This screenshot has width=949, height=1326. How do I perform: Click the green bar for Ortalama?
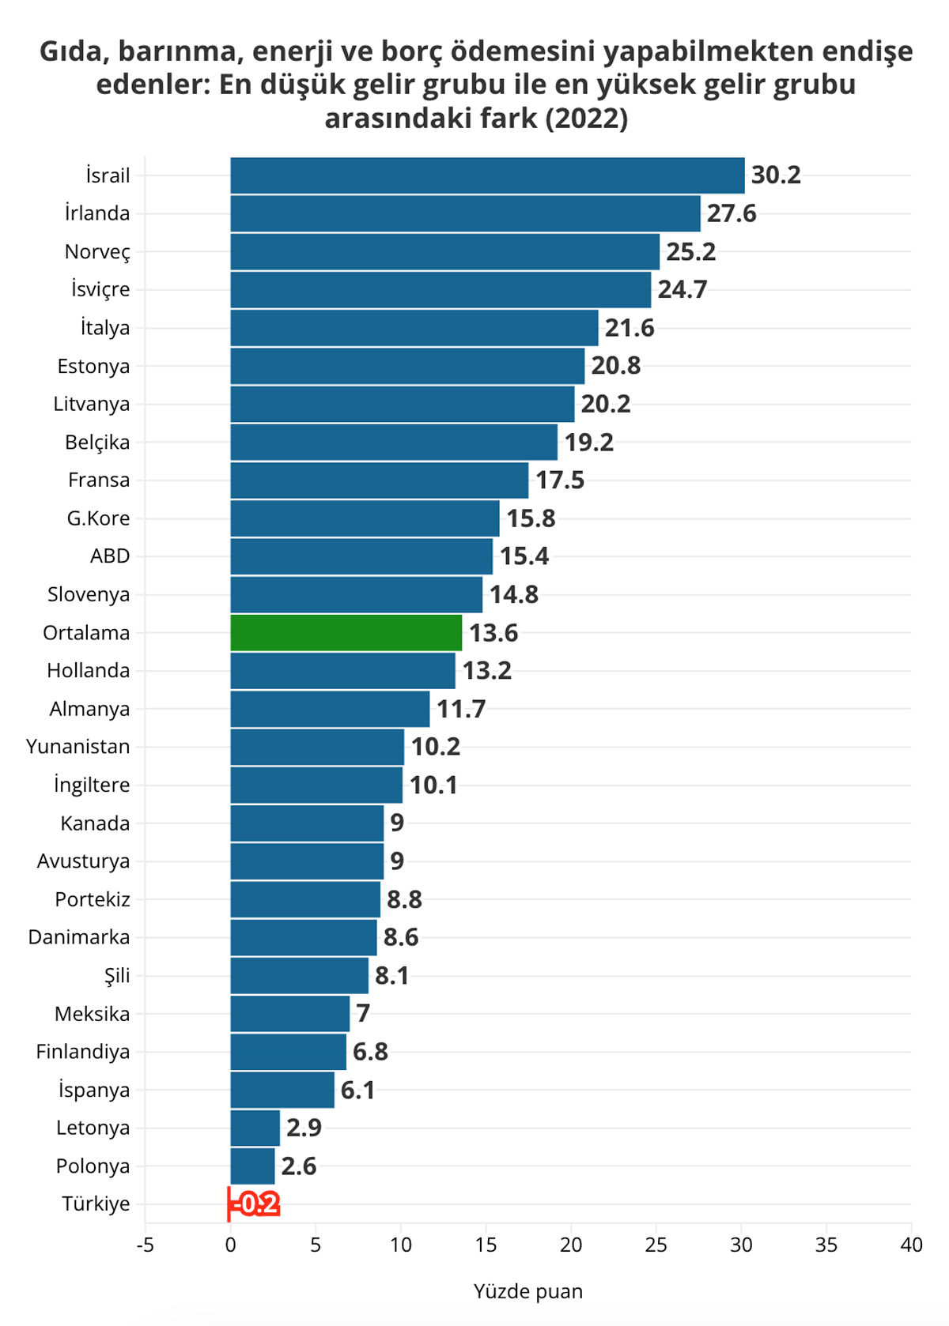coord(346,632)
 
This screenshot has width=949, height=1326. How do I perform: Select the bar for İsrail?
coord(487,175)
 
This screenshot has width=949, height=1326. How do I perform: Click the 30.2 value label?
coord(776,175)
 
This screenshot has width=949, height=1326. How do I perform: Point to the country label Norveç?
coord(97,252)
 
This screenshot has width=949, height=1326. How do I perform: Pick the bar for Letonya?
coord(255,1128)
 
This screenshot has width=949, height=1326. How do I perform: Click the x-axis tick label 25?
coord(656,1245)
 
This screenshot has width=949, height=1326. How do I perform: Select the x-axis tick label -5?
coord(145,1245)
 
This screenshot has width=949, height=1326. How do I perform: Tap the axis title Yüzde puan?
coord(527,1291)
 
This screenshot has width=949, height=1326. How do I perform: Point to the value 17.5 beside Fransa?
coord(560,480)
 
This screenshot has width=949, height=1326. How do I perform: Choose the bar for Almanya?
coord(330,709)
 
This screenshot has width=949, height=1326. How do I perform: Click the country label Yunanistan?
coord(78,747)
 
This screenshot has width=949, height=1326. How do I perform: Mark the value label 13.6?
coord(493,633)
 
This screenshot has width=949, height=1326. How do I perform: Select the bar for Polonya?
coord(252,1166)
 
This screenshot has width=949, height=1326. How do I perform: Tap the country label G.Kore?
coord(98,518)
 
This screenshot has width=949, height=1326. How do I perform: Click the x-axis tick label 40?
coord(911,1245)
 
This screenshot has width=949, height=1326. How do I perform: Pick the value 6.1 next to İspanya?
coord(357,1091)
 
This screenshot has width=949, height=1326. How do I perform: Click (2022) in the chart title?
coord(586,118)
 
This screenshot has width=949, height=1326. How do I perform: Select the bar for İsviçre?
coord(440,289)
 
